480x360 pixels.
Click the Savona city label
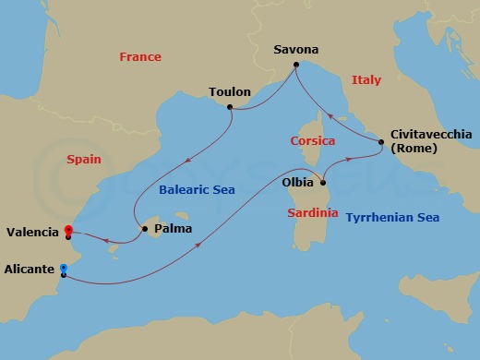297,48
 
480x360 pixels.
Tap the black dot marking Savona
295,65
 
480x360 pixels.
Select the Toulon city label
230,92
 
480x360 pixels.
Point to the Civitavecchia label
431,134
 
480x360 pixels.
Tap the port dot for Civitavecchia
380,141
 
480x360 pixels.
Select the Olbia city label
297,183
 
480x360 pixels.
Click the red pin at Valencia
67,231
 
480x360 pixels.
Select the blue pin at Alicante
62,269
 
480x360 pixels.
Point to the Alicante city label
28,271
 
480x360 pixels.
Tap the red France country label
140,57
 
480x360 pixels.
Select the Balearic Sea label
197,190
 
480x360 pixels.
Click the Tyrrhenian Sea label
391,218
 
